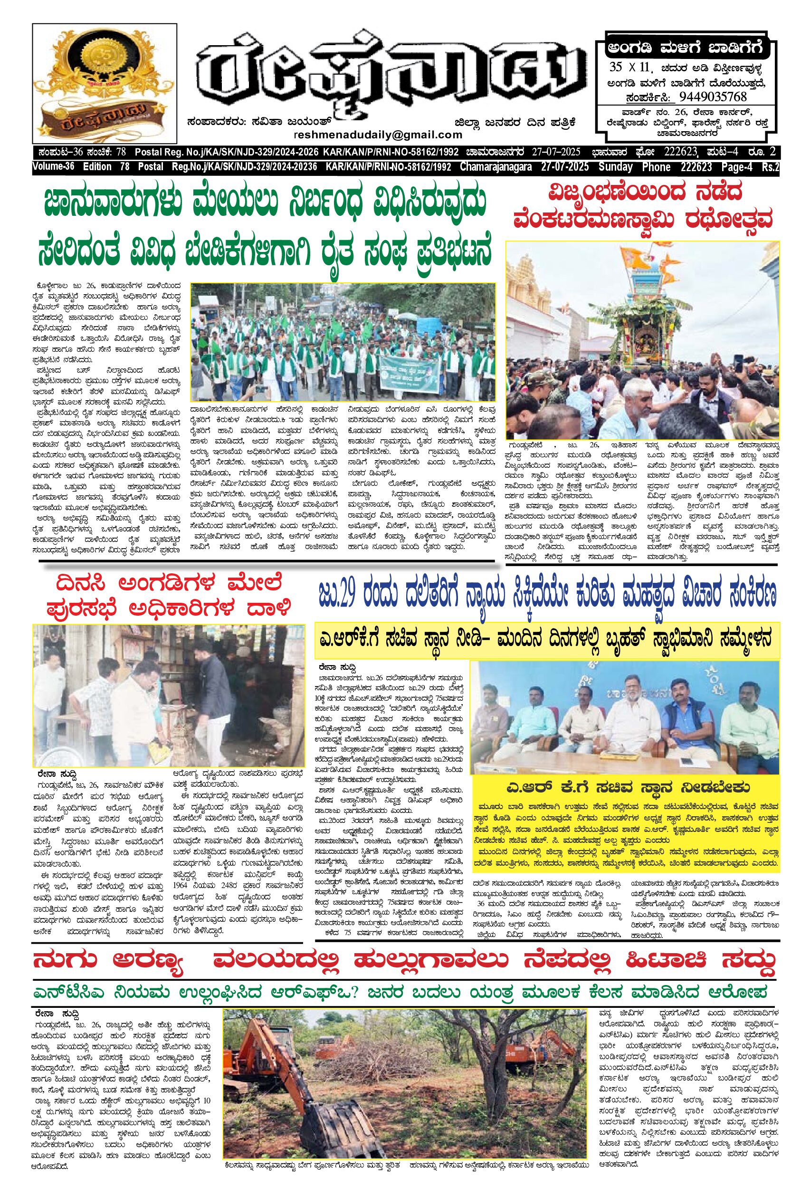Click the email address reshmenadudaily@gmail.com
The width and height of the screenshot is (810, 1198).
(378, 135)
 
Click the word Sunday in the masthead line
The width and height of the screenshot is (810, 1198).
(615, 167)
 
